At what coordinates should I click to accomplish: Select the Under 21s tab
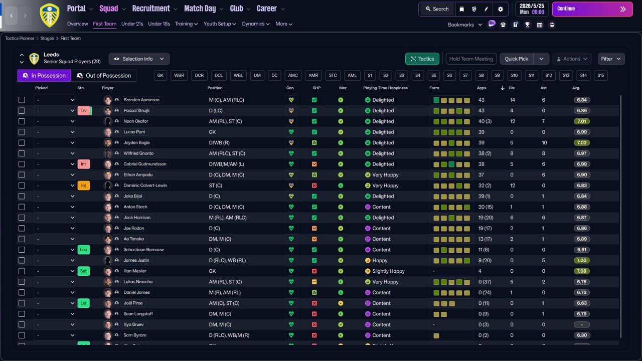pyautogui.click(x=132, y=24)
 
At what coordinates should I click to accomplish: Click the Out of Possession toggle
pyautogui.click(x=104, y=76)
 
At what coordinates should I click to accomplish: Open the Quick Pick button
pyautogui.click(x=516, y=59)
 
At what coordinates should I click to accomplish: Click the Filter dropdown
pyautogui.click(x=611, y=59)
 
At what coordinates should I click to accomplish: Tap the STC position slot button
pyautogui.click(x=333, y=76)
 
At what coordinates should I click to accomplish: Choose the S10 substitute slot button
pyautogui.click(x=514, y=76)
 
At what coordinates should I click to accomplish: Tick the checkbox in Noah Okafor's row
pyautogui.click(x=22, y=121)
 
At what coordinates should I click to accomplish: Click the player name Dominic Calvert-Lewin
pyautogui.click(x=145, y=186)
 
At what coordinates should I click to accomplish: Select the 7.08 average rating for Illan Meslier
pyautogui.click(x=582, y=271)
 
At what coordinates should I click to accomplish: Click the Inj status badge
pyautogui.click(x=83, y=186)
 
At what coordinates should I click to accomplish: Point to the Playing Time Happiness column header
pyautogui.click(x=385, y=88)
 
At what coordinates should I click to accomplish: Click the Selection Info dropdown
pyautogui.click(x=139, y=59)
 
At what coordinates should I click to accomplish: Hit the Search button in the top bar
pyautogui.click(x=436, y=9)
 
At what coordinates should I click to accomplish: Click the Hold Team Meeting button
pyautogui.click(x=471, y=59)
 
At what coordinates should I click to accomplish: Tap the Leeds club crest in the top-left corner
pyautogui.click(x=49, y=15)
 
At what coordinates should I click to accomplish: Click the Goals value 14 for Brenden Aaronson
pyautogui.click(x=512, y=100)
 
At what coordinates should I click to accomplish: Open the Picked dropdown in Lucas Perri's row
pyautogui.click(x=55, y=132)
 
